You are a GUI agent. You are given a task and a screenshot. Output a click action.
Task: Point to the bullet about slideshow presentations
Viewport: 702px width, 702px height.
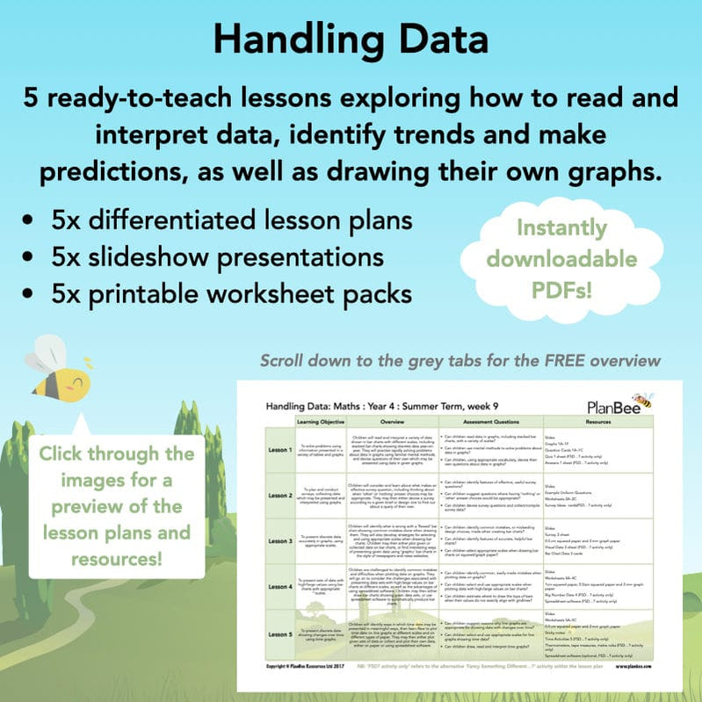[x=217, y=257]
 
